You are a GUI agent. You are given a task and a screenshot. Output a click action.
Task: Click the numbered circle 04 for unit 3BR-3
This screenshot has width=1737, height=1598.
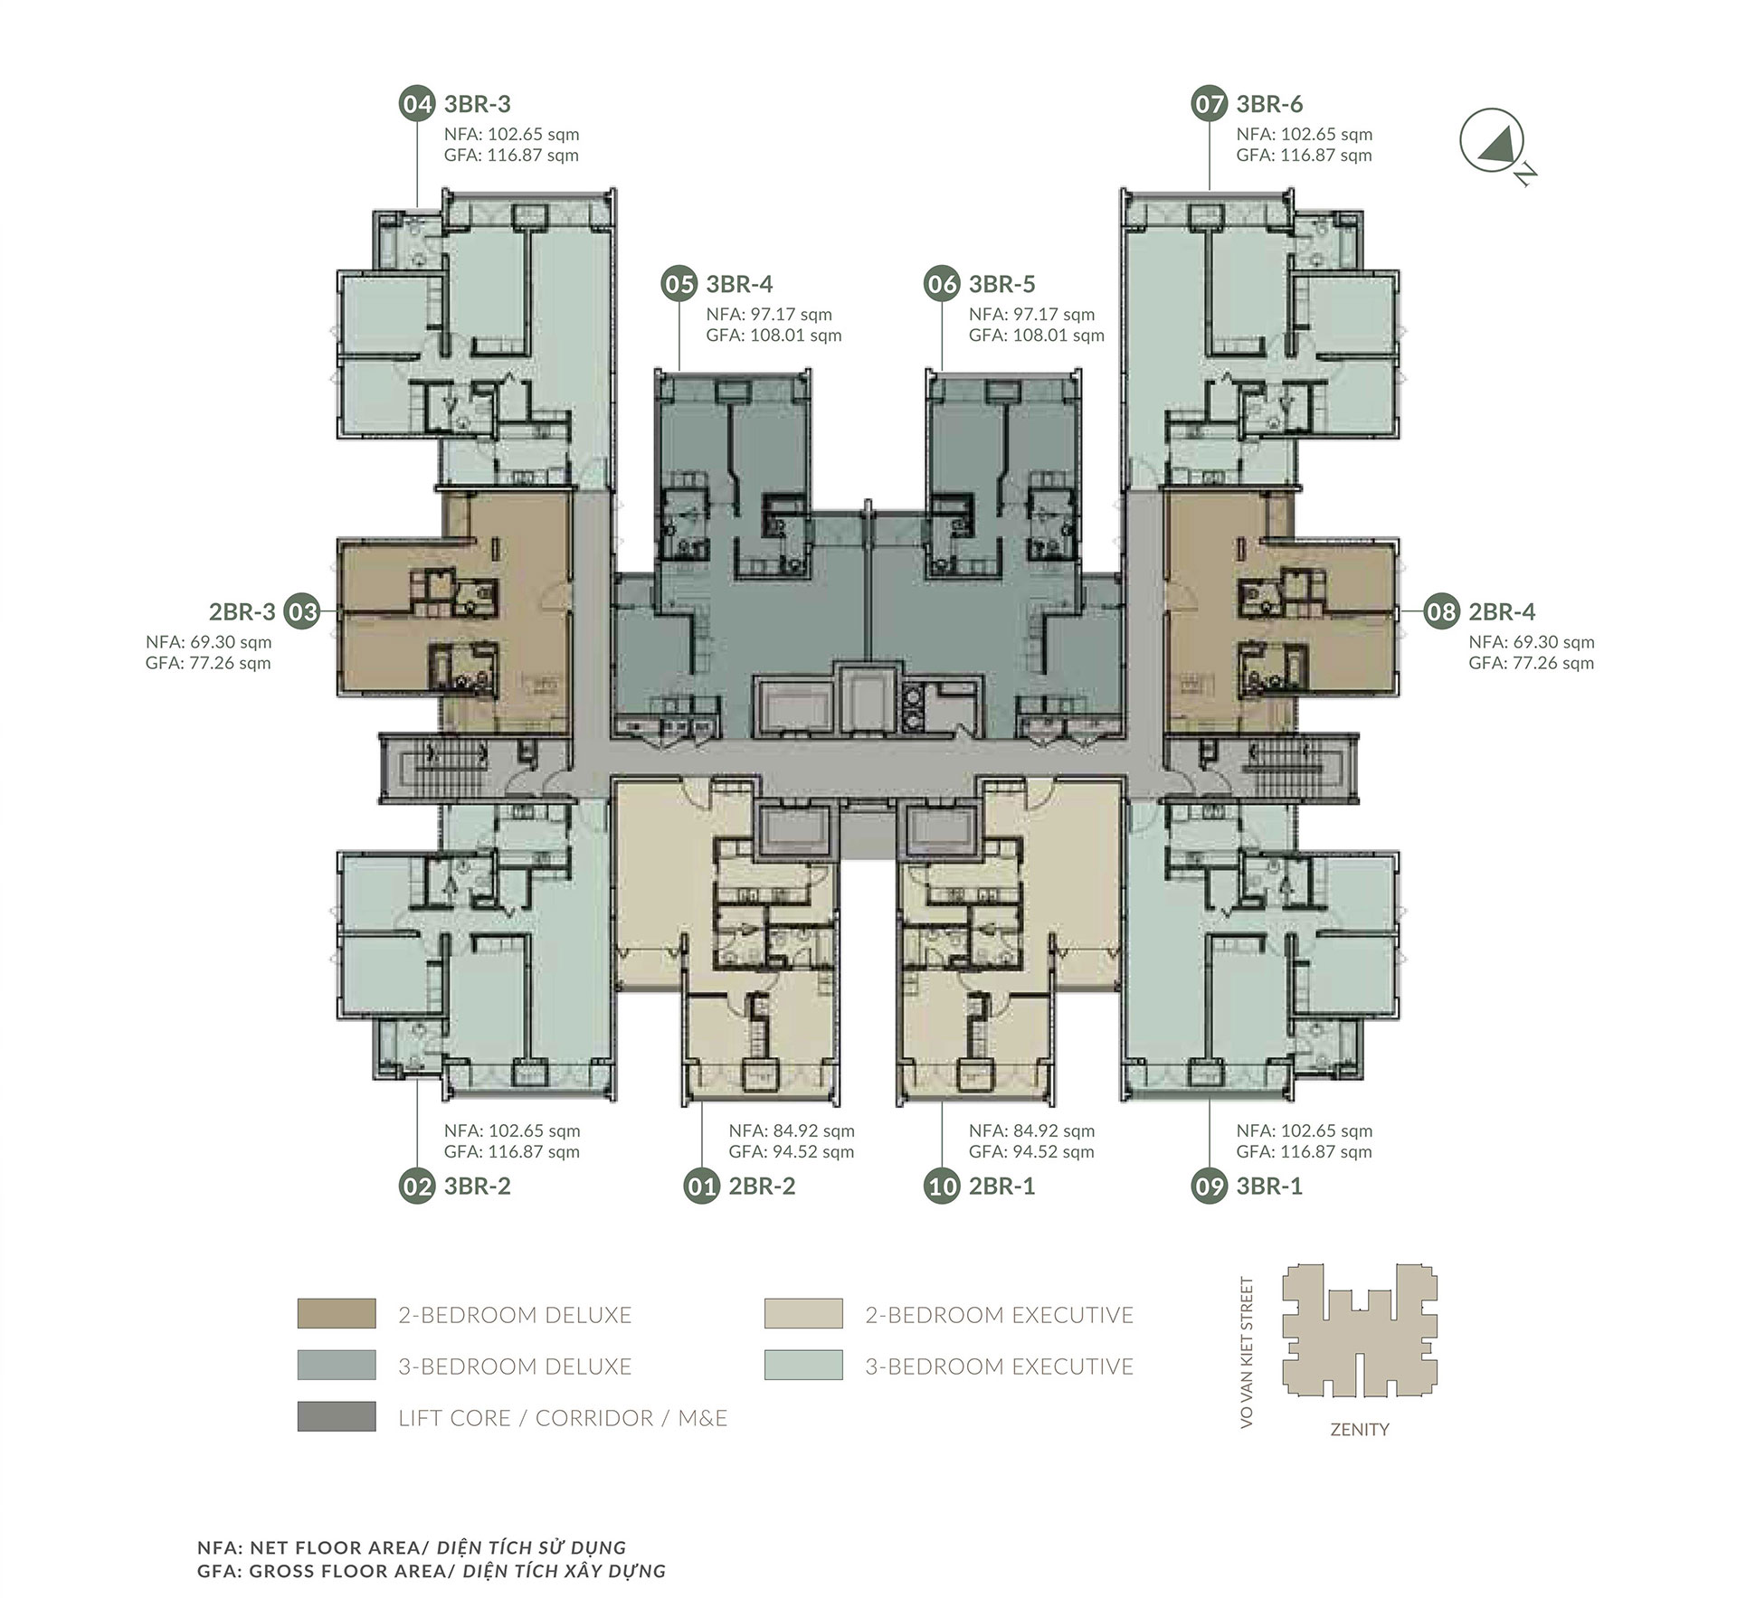(x=417, y=104)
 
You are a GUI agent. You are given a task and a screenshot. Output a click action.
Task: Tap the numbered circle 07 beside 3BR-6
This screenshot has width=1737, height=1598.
(x=1210, y=104)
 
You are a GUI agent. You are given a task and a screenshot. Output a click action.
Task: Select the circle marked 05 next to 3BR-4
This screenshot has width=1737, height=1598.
(x=679, y=284)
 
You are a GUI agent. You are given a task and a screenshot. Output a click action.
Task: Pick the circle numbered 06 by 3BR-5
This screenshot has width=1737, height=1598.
(x=942, y=284)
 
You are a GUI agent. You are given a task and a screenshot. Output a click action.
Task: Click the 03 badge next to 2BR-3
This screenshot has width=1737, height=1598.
(x=302, y=612)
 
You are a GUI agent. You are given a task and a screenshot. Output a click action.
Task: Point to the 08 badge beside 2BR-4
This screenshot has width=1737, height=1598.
(x=1441, y=612)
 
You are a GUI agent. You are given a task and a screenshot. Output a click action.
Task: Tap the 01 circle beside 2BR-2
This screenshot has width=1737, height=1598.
(x=702, y=1187)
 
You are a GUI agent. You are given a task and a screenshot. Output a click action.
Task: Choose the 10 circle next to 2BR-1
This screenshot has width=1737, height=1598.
(x=942, y=1187)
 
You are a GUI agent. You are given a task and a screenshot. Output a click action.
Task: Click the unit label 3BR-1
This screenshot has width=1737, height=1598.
(x=1269, y=1187)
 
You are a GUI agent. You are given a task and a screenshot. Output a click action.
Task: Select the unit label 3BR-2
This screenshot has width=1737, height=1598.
(x=477, y=1187)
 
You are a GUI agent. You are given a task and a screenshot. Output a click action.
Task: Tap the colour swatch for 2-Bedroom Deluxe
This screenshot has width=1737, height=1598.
(x=337, y=1314)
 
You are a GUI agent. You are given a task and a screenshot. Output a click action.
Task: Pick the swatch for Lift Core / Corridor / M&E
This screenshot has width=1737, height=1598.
(x=337, y=1417)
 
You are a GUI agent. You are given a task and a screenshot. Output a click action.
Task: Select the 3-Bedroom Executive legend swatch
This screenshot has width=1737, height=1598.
(x=803, y=1366)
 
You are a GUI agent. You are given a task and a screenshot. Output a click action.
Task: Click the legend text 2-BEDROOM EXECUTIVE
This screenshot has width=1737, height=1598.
(x=999, y=1315)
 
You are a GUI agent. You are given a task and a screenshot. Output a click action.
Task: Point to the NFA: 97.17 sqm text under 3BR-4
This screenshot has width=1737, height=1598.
(x=769, y=315)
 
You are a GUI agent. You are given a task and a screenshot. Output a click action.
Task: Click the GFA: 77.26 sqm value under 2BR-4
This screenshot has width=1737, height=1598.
(x=1532, y=663)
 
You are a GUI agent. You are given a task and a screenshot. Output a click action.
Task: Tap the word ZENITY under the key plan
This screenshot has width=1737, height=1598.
(x=1360, y=1430)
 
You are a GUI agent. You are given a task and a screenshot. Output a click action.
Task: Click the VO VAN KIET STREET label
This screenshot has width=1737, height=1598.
(x=1248, y=1354)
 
